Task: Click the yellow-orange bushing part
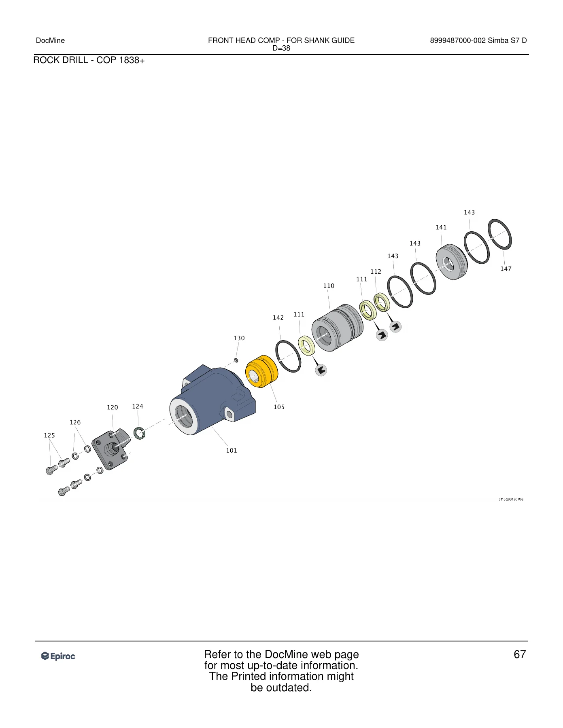(x=261, y=371)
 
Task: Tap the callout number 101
(x=232, y=451)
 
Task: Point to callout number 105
(x=279, y=407)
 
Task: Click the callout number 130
(x=239, y=338)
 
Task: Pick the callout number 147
(x=506, y=269)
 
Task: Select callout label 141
(x=441, y=228)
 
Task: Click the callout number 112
(x=376, y=272)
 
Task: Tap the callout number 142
(x=278, y=318)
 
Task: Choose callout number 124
(x=138, y=406)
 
